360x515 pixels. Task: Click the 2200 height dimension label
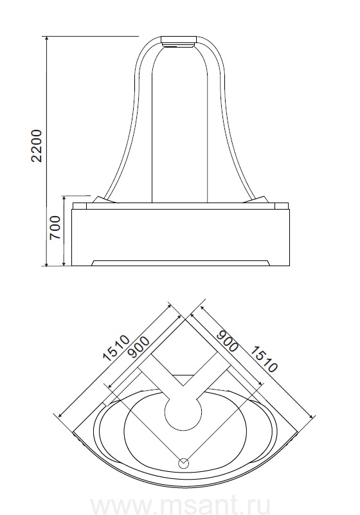pos(37,146)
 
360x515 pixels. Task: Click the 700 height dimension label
pos(55,228)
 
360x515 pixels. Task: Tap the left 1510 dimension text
pos(116,348)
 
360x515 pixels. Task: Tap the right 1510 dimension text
pos(264,359)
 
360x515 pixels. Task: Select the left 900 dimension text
pos(139,347)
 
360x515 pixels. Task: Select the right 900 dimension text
pos(228,341)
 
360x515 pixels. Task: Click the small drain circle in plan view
pos(183,464)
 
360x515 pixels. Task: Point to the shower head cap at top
pos(179,42)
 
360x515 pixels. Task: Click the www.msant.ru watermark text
pos(180,506)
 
